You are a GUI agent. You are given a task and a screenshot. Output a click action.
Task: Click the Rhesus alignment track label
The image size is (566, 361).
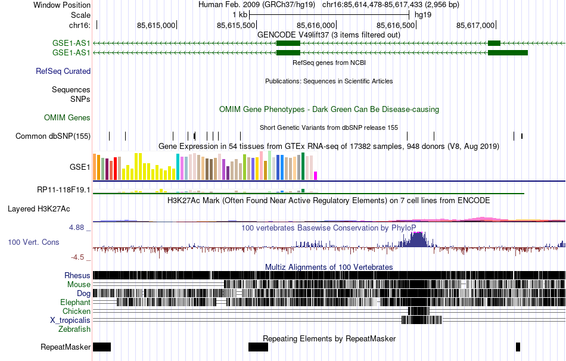coord(77,275)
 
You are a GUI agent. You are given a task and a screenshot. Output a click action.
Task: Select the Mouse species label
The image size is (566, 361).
coord(79,284)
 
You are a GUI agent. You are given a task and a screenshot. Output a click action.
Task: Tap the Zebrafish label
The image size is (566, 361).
coord(74,329)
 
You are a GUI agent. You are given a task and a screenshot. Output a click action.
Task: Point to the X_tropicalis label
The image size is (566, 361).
coord(70,320)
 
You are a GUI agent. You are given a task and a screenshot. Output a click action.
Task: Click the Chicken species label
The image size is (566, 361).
coord(77,311)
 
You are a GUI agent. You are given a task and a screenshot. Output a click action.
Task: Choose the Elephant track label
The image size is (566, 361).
coord(76,302)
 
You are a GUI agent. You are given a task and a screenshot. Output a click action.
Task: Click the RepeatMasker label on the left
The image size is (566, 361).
coord(66,347)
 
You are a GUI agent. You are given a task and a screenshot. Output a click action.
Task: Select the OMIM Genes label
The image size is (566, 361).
coord(67,117)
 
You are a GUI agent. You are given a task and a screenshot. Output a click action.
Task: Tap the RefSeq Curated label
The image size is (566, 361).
coord(63,71)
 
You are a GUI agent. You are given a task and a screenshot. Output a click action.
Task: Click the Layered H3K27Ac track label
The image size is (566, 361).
coord(39,209)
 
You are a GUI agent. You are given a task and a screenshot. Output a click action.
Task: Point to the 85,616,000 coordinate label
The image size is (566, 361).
coord(315,25)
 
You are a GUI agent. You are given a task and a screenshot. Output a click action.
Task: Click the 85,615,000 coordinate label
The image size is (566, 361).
coord(156,25)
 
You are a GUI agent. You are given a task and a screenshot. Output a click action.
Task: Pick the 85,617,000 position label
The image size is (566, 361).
coord(475,25)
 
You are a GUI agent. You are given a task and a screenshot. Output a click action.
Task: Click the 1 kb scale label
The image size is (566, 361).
coord(240,14)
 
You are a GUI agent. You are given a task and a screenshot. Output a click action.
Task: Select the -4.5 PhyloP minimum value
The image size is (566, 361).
coord(78,257)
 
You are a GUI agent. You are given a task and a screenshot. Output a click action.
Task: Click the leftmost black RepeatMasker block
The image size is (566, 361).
coord(102,347)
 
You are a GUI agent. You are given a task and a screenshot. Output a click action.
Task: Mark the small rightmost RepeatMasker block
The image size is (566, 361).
coord(518,347)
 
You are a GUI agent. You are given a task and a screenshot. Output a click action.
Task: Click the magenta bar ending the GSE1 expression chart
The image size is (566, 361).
coord(316,176)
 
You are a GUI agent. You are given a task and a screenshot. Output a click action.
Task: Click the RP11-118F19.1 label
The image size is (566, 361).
coord(64,190)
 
